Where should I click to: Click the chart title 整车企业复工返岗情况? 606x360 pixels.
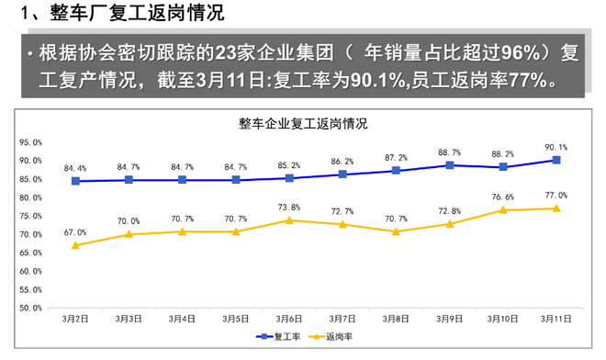coord(303,124)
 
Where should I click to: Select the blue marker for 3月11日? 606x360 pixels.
coord(556,160)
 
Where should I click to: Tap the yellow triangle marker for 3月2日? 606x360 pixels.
coord(75,245)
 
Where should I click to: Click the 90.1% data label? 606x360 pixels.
coord(556,146)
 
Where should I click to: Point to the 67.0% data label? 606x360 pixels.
coord(75,232)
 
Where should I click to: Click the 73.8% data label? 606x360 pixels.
coord(289,207)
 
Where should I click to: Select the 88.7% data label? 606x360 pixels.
coord(450,152)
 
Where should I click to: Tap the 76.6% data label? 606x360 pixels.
coord(502,197)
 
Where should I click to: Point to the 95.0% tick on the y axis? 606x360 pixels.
coord(31,142)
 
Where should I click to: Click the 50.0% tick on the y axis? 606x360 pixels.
coord(31,309)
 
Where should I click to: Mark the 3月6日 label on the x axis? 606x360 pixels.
coord(289,319)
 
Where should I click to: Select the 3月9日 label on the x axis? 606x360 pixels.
coord(450,319)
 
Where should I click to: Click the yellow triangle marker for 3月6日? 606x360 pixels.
coord(289,220)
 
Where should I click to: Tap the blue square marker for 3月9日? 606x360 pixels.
coord(450,165)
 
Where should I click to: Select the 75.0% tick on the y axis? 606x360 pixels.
coord(31,216)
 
